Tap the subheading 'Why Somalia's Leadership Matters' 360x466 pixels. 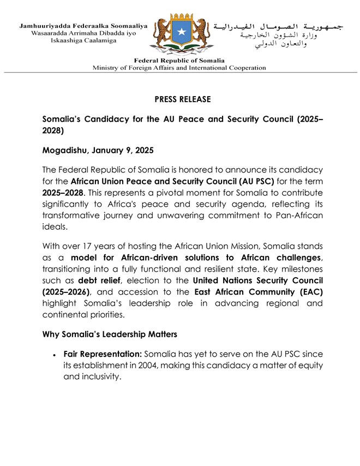coord(117,334)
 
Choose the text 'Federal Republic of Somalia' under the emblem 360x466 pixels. coord(179,61)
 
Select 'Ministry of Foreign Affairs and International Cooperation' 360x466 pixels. coord(179,68)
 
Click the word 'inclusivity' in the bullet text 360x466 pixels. coord(100,377)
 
